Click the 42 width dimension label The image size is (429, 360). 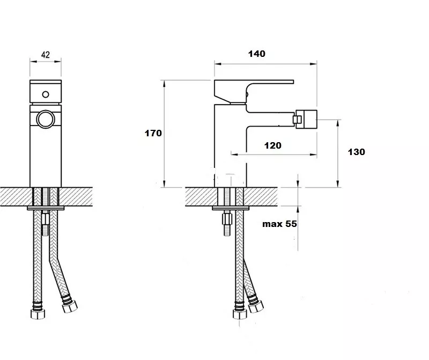[x=46, y=55]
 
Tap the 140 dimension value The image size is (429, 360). [x=257, y=54]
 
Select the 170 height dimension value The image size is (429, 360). [x=153, y=133]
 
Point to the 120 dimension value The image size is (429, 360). [x=273, y=145]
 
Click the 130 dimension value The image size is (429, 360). [x=356, y=152]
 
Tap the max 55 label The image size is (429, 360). [x=279, y=224]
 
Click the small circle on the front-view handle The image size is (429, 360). [x=46, y=94]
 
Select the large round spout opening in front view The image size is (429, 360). [x=46, y=119]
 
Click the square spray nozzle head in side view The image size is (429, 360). [x=306, y=119]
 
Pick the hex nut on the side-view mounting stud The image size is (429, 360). [x=227, y=219]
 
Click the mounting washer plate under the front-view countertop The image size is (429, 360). [x=46, y=208]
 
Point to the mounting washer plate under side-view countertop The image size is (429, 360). [x=231, y=208]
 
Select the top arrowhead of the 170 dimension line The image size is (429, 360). [x=164, y=83]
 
